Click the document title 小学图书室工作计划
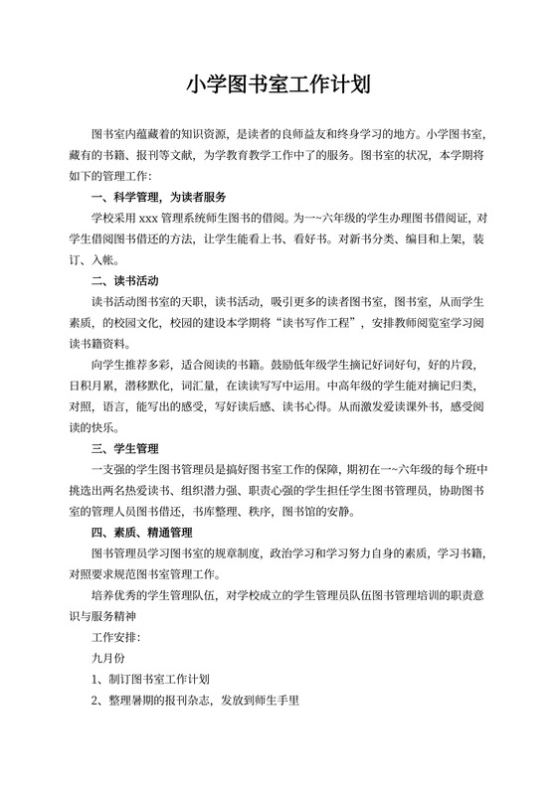[278, 83]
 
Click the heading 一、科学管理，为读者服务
[159, 197]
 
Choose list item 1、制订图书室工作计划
[150, 681]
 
